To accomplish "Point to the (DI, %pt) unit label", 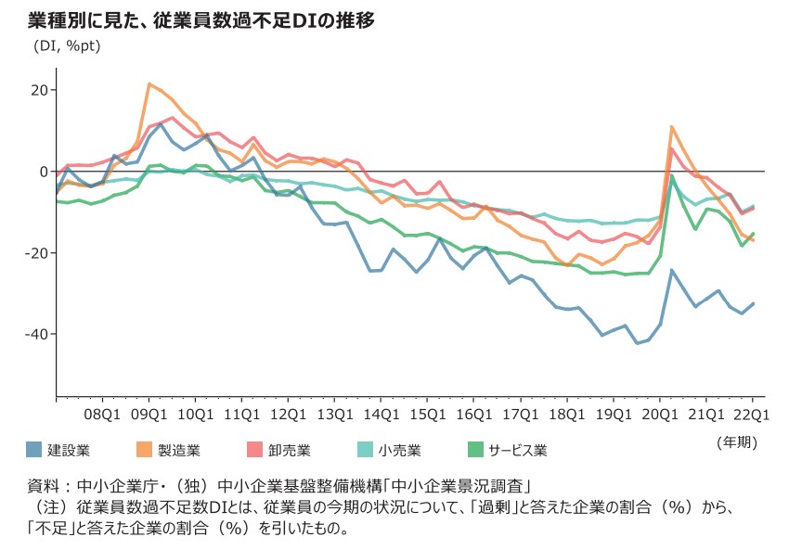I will (x=68, y=45).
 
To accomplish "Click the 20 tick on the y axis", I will (x=39, y=90).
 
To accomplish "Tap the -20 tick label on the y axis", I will (x=36, y=253).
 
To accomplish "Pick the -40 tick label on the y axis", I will (x=36, y=334).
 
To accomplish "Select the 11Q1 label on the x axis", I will (x=241, y=415).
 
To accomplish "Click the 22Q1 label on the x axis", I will (x=750, y=415).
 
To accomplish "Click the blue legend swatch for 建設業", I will (x=34, y=451).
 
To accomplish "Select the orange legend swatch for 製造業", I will (x=144, y=451).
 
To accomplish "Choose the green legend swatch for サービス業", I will (x=473, y=451).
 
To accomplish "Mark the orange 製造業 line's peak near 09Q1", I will (x=149, y=83).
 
